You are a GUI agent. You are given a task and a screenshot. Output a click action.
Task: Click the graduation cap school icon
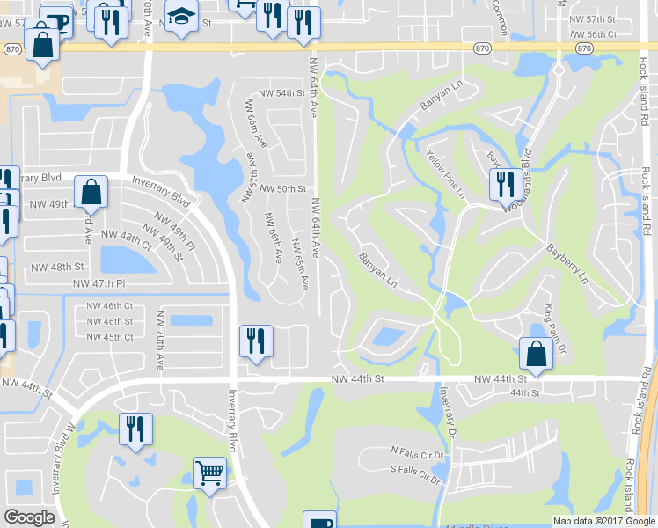pos(181,17)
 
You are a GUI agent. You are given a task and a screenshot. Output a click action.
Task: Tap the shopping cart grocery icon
pos(210,473)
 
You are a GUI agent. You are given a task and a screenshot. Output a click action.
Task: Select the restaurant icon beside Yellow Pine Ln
pos(502,184)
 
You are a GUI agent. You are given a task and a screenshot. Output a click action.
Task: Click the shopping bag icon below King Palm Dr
pos(535,354)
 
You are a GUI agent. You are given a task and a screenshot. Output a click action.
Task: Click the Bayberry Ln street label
pos(567,264)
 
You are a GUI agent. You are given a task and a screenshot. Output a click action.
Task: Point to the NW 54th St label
pos(281,92)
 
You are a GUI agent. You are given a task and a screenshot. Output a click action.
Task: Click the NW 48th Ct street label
pos(126,235)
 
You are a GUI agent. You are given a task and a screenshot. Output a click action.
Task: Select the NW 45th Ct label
pos(110,337)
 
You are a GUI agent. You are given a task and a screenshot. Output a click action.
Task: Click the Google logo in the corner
pos(29,517)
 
